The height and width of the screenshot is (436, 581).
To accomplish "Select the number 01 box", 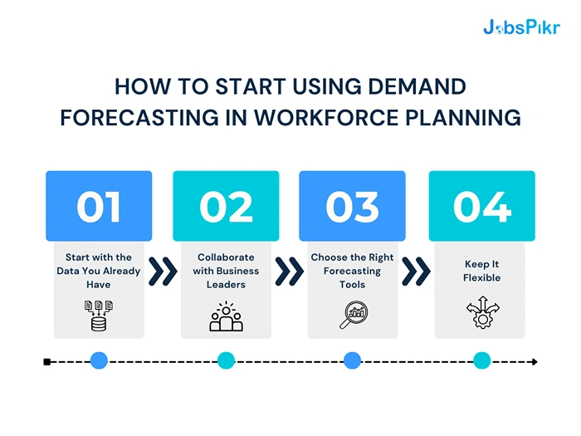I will coord(99,206).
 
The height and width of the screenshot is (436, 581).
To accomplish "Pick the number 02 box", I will coord(226,206).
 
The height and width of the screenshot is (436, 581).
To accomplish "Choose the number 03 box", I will coord(352,206).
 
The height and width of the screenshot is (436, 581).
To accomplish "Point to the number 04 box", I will coord(481,206).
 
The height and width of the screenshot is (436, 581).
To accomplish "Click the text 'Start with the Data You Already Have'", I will coord(99,271).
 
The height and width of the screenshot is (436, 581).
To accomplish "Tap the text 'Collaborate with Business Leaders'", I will coord(226,271).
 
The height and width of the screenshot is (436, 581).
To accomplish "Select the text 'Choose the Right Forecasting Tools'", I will coord(352,271).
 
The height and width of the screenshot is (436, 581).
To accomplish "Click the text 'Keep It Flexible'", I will coord(481,271).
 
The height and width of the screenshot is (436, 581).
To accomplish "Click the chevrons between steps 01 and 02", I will coord(163,271).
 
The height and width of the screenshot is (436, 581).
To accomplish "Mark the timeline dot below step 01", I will coord(99,361).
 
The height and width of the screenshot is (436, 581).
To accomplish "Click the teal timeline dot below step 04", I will coord(481,361).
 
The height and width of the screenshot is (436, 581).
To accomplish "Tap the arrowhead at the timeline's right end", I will coord(534,361).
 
